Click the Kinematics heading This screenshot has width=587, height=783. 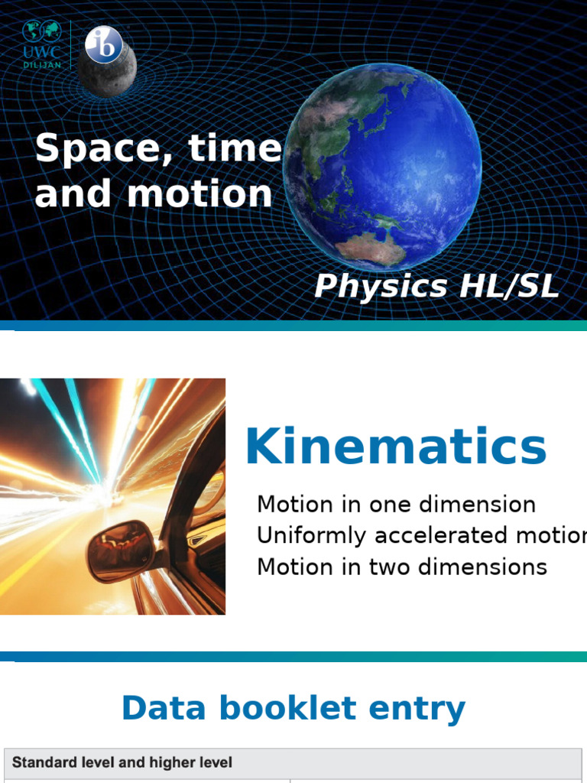[x=395, y=447]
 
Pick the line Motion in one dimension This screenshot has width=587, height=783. [x=396, y=505]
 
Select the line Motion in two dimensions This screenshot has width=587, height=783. [x=402, y=567]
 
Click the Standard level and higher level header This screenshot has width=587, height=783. [x=122, y=762]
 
